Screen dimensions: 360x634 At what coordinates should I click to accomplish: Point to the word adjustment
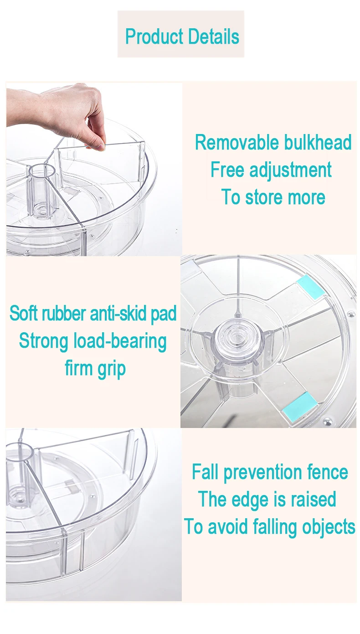pyautogui.click(x=290, y=170)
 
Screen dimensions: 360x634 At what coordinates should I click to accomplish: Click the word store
pyautogui.click(x=264, y=197)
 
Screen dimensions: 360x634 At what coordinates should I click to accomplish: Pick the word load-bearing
pyautogui.click(x=120, y=341)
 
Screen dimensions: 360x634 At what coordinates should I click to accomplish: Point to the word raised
pyautogui.click(x=314, y=499)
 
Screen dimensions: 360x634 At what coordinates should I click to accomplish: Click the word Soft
pyautogui.click(x=24, y=313)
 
